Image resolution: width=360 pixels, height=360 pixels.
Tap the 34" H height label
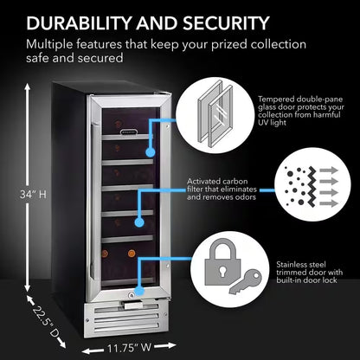point(34,194)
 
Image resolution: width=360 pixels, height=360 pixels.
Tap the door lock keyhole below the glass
point(130,291)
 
